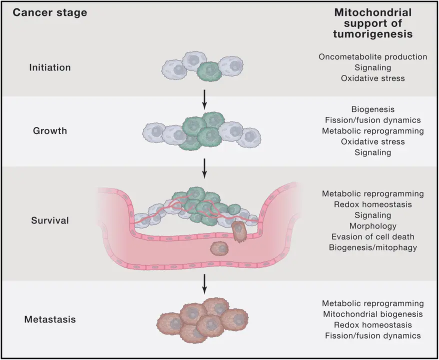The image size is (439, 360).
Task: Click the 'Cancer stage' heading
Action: (x=49, y=12)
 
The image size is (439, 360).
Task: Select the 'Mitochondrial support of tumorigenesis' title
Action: (x=372, y=23)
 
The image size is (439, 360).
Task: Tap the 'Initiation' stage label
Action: (x=49, y=67)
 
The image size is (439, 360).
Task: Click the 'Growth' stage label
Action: (x=49, y=131)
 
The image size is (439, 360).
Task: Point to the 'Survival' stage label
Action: (x=49, y=220)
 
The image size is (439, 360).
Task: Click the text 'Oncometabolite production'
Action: (x=372, y=56)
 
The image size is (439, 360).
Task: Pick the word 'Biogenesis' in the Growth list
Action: (x=372, y=109)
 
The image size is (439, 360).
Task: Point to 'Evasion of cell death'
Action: (x=372, y=236)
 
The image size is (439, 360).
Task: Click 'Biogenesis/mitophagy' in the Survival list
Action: (x=372, y=247)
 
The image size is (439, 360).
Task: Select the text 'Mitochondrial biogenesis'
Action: (x=372, y=314)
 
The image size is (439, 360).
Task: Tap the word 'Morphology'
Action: (x=372, y=226)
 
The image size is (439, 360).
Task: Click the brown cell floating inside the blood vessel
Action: (x=218, y=248)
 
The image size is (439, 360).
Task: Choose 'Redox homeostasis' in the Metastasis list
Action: (x=372, y=325)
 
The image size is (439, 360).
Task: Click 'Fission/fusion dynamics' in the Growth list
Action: (x=372, y=120)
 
